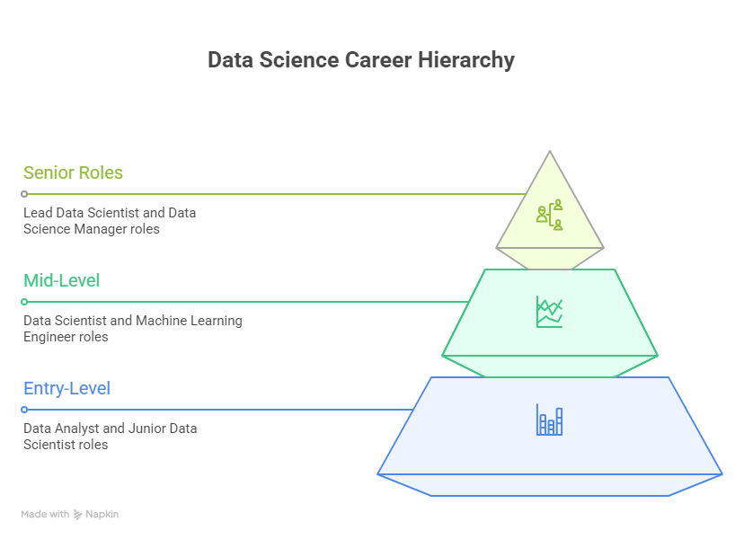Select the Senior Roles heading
click(73, 172)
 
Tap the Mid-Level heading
click(61, 280)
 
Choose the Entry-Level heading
click(66, 388)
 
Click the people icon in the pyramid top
click(549, 214)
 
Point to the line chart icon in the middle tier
click(549, 312)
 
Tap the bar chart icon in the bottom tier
click(549, 420)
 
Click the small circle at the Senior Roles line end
click(24, 194)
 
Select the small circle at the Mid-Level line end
click(24, 302)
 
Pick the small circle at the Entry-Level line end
click(24, 410)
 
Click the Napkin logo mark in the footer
click(78, 515)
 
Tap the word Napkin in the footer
click(102, 515)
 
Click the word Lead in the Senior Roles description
click(38, 213)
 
